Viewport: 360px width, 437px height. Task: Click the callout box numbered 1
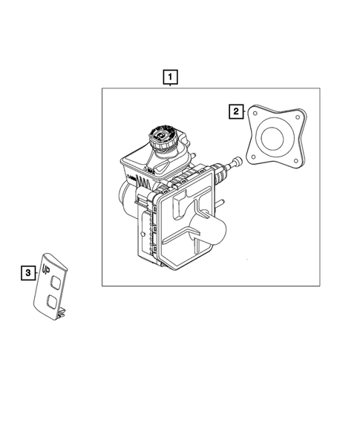(171, 76)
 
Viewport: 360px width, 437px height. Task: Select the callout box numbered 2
(235, 111)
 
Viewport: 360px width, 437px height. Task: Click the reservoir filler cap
(162, 137)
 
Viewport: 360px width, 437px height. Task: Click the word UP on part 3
(48, 261)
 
